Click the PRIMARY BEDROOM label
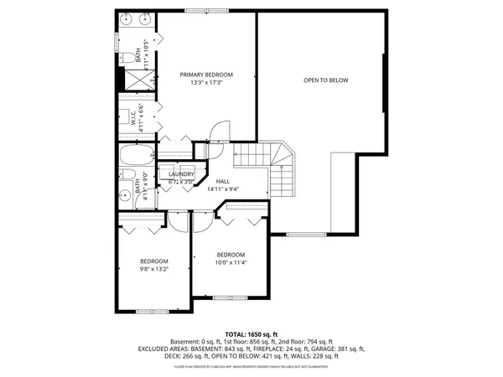206,75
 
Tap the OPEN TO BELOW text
326,80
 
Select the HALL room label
222,181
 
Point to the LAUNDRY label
181,174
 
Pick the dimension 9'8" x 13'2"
153,269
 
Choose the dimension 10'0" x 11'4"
231,262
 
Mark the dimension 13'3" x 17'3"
206,82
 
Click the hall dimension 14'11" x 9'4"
222,189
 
